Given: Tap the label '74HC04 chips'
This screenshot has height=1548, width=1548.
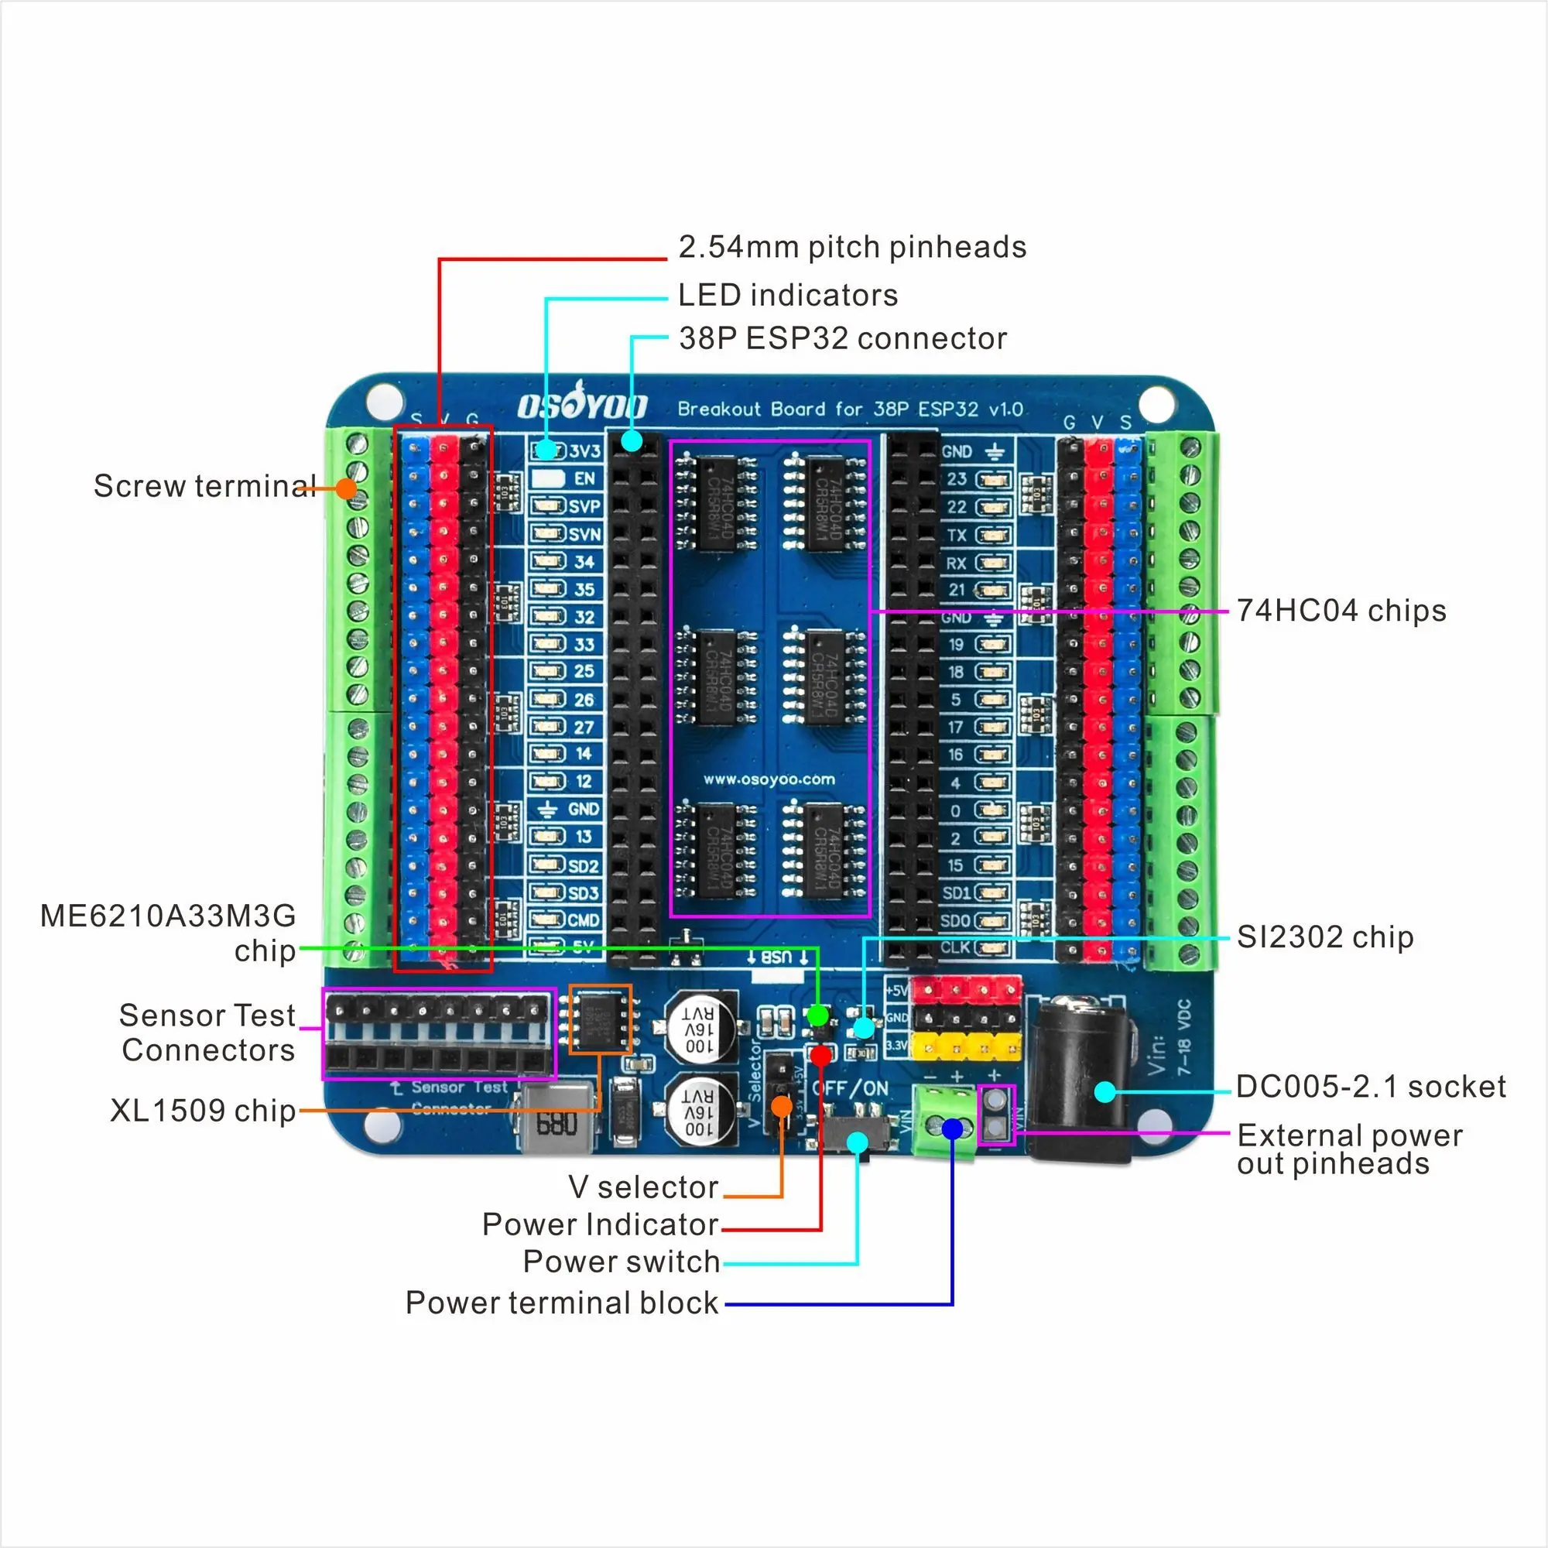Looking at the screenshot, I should click(1341, 611).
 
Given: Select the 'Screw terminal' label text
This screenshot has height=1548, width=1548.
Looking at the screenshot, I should click(204, 486).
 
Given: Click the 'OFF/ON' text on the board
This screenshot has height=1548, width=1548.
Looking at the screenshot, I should click(850, 1088).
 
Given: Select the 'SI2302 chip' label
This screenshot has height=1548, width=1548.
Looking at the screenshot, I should click(1324, 937).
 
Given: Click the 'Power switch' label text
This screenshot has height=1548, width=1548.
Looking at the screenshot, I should click(621, 1261).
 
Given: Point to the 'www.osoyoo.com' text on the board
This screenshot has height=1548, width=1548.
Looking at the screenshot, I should click(769, 779).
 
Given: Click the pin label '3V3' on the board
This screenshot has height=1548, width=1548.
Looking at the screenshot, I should click(585, 451).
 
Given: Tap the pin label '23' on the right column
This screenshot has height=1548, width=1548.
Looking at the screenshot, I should click(957, 479).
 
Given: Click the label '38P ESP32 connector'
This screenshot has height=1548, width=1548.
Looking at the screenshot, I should click(842, 339).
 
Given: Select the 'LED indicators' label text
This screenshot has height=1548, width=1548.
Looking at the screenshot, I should click(788, 296).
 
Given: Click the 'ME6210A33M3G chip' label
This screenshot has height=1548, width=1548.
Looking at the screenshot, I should click(168, 933).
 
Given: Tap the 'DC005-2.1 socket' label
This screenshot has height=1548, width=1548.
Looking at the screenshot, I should click(1370, 1087).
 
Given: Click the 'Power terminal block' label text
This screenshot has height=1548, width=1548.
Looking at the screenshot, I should click(562, 1303).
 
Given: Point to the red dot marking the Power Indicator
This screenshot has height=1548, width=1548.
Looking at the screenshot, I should click(820, 1055).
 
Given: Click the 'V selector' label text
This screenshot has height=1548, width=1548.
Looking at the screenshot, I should click(643, 1187).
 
